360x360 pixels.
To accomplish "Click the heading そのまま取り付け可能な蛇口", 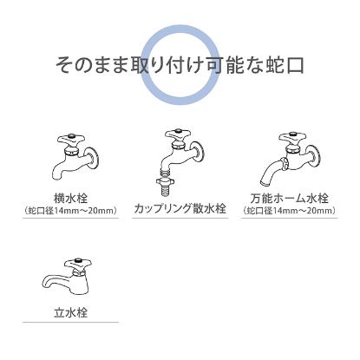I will tap(180, 65).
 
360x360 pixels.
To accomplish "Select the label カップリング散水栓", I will tap(180, 209).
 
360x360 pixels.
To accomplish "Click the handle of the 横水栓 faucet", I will tap(69, 137).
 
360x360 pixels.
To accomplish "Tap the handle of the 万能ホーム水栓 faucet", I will tap(289, 137).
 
